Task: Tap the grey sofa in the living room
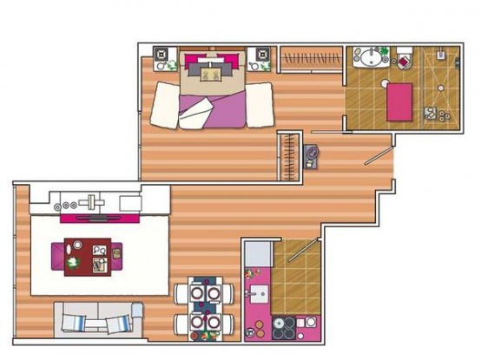pos(97,320)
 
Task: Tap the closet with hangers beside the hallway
pos(288,156)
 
